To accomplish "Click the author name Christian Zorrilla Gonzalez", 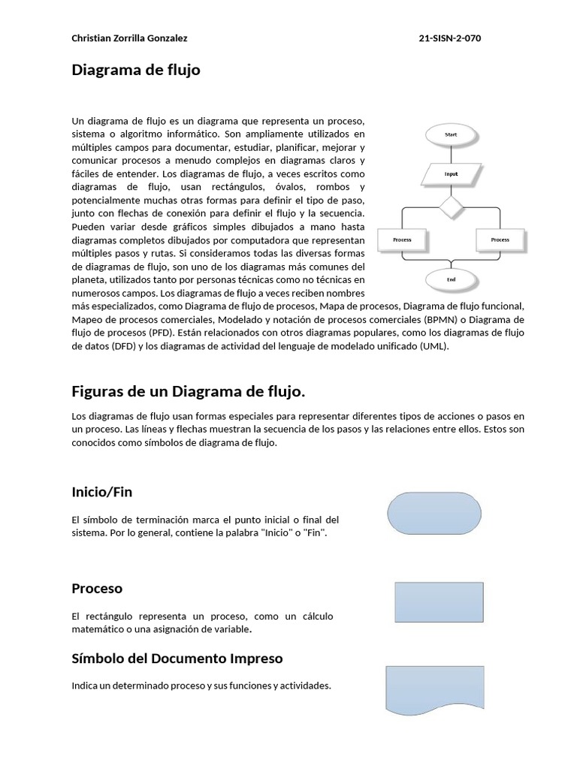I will pyautogui.click(x=129, y=38).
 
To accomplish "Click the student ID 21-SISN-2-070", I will pyautogui.click(x=450, y=38).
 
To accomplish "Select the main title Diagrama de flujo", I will pyautogui.click(x=136, y=71).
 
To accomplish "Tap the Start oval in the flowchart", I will pyautogui.click(x=451, y=134).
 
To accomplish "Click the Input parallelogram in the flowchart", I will pyautogui.click(x=451, y=174).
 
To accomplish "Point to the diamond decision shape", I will pyautogui.click(x=451, y=207).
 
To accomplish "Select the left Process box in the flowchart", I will pyautogui.click(x=402, y=240).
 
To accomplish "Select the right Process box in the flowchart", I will pyautogui.click(x=500, y=240).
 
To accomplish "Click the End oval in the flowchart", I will pyautogui.click(x=451, y=279).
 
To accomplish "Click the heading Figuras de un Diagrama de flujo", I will pyautogui.click(x=189, y=391).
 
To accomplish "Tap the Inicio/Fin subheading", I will pyautogui.click(x=102, y=492).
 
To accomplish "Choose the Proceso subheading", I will pyautogui.click(x=97, y=588).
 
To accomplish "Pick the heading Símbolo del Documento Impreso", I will pyautogui.click(x=177, y=659).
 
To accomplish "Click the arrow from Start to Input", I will pyautogui.click(x=451, y=155).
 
